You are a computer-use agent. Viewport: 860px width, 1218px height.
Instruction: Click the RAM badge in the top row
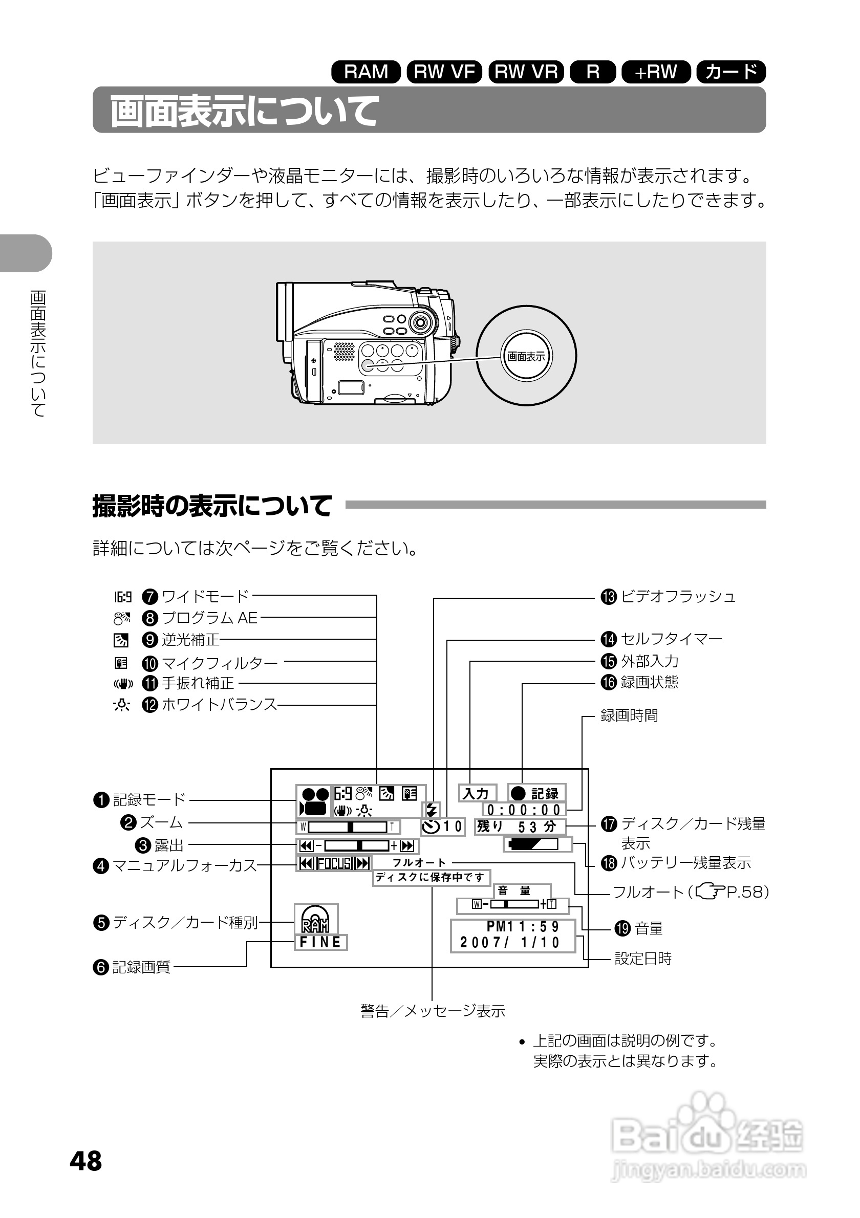point(365,72)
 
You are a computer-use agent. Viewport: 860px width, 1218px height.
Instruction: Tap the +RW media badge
point(656,72)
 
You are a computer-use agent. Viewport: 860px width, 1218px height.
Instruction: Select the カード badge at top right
point(731,72)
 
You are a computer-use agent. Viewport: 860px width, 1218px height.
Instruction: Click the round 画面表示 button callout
point(526,356)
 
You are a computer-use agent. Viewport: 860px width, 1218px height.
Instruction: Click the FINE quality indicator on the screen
point(320,942)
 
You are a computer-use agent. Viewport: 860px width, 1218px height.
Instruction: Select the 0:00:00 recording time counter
point(524,810)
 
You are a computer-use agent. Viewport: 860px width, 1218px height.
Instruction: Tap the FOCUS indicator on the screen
point(334,863)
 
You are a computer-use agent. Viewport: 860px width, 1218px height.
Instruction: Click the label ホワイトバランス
point(219,705)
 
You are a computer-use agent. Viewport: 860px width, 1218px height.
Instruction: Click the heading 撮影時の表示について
point(212,505)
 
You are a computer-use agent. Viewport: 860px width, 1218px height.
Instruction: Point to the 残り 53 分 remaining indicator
point(520,826)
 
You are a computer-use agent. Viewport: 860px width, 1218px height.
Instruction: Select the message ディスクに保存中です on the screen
point(431,878)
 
